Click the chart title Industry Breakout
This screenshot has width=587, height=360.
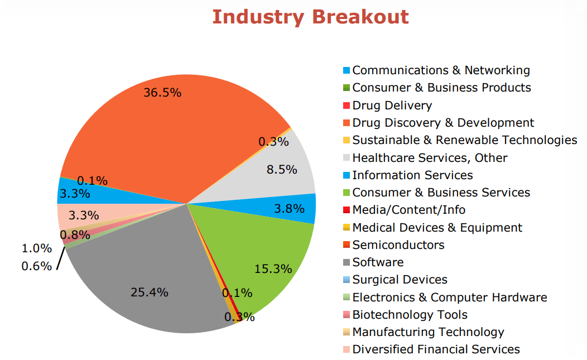pyautogui.click(x=310, y=17)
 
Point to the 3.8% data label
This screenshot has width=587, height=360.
pyautogui.click(x=290, y=209)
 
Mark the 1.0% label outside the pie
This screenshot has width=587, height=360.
pyautogui.click(x=36, y=248)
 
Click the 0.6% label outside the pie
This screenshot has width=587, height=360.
pyautogui.click(x=36, y=266)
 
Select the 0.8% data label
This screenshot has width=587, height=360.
pyautogui.click(x=75, y=235)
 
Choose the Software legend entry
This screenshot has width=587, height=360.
pyautogui.click(x=378, y=262)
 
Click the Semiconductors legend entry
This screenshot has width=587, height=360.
pyautogui.click(x=398, y=245)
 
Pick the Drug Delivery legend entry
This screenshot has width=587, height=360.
pyautogui.click(x=392, y=105)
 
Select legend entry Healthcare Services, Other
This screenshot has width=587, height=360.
pyautogui.click(x=430, y=158)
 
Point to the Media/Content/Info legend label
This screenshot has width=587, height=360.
pyautogui.click(x=408, y=210)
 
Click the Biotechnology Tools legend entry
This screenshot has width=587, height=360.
pyautogui.click(x=410, y=315)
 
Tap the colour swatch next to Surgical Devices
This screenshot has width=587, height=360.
pyautogui.click(x=347, y=280)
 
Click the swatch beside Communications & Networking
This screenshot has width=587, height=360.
pyautogui.click(x=347, y=71)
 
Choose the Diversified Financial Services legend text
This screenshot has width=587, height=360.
pyautogui.click(x=436, y=349)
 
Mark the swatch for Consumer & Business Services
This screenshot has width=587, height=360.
pyautogui.click(x=347, y=193)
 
